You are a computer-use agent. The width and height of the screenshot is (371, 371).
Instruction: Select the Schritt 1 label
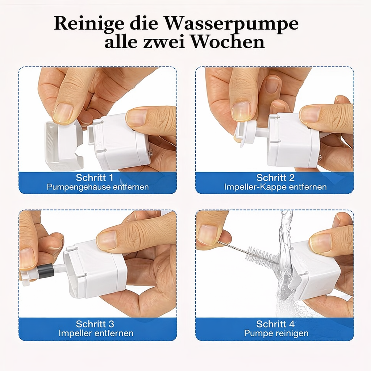95,178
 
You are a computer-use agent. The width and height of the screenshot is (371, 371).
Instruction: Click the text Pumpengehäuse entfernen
97,187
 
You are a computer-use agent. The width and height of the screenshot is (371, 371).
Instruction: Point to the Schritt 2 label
275,178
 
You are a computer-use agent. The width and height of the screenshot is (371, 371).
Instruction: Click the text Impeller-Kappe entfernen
275,187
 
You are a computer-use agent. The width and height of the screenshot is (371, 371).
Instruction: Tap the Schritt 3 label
95,324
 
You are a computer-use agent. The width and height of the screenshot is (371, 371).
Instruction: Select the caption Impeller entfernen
96,333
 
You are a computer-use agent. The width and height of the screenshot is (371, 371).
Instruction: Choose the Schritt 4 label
275,324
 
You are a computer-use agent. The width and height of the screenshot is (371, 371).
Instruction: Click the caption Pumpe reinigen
276,333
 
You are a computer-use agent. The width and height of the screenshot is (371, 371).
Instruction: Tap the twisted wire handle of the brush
232,246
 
